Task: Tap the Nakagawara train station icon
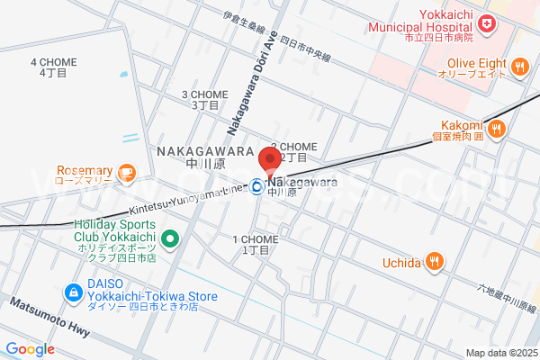click(x=257, y=187)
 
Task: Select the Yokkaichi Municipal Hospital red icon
click(x=487, y=22)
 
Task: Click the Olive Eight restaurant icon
click(x=519, y=67)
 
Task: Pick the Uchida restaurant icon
click(x=436, y=262)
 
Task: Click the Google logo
click(x=30, y=349)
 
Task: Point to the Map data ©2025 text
click(x=500, y=352)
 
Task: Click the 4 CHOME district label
click(x=53, y=67)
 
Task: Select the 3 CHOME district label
click(x=205, y=99)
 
